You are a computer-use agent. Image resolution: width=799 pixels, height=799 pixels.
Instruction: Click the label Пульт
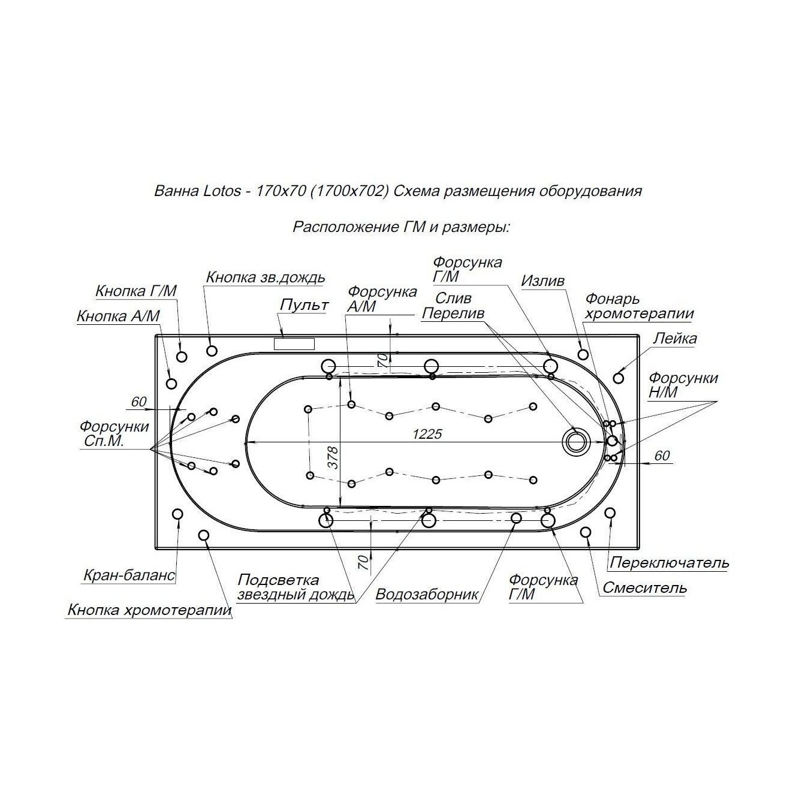coord(304,304)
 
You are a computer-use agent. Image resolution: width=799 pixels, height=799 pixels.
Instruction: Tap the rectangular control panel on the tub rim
coord(294,344)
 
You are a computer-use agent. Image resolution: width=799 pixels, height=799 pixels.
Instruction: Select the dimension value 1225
coord(427,434)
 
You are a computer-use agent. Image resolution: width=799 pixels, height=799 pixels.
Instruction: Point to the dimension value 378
coord(333,457)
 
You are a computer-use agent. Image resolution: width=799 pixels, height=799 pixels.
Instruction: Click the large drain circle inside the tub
coord(575,442)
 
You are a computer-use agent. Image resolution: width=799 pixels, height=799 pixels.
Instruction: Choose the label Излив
coord(542,281)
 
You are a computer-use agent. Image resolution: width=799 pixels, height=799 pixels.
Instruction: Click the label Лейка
coord(675,339)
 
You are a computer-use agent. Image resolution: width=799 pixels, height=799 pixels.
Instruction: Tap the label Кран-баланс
coord(129,575)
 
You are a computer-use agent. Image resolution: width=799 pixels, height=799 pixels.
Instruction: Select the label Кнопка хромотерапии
coord(149,610)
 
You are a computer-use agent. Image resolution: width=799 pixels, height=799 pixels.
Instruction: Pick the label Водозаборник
coord(427,595)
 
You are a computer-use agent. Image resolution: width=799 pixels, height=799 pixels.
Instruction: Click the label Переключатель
coord(669,563)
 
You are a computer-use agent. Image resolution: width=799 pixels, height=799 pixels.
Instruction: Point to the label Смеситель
coord(645,587)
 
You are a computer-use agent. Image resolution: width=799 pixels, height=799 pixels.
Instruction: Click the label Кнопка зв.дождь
coord(266,277)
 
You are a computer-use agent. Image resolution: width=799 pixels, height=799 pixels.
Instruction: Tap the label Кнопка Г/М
coord(136,291)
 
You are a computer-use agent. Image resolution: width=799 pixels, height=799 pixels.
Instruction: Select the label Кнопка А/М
coord(118,316)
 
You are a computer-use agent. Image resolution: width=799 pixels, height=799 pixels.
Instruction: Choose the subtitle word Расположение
coord(345,227)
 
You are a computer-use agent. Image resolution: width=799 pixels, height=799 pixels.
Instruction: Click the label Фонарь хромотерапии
coord(640,306)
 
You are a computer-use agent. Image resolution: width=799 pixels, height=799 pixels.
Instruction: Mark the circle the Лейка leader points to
coord(618,378)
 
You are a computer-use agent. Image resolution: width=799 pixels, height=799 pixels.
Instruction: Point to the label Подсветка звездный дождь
coord(296,587)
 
